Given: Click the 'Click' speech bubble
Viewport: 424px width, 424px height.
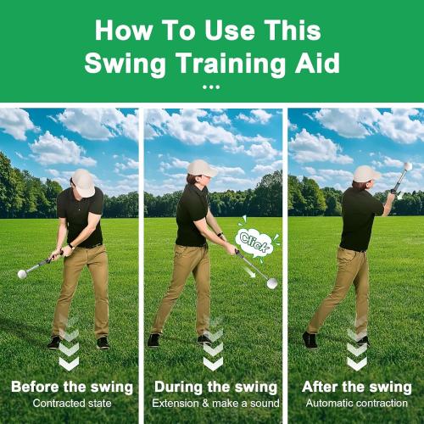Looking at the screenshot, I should pos(253,240).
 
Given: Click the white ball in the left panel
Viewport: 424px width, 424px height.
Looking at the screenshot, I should pos(22,274).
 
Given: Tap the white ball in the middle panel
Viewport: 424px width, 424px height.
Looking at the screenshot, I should pos(272,283).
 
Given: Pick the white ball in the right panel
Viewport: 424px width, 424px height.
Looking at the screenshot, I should pos(408,166).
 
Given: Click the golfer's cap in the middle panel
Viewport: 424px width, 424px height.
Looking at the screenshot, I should pos(203,167).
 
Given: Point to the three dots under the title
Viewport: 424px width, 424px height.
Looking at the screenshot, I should pos(212,87).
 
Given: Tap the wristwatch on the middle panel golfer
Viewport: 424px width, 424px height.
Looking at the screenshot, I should pos(220,235).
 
